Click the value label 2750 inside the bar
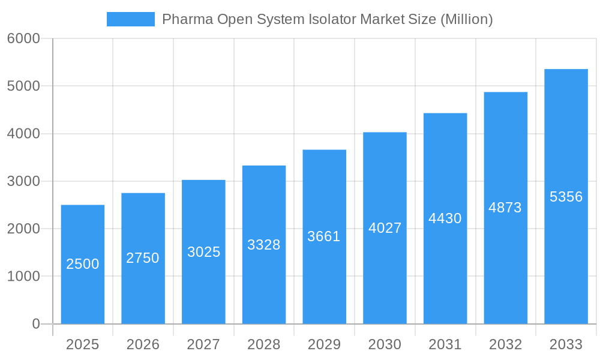tap(143, 258)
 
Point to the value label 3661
tap(324, 236)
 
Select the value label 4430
tap(445, 218)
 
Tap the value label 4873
tap(505, 208)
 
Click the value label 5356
tap(566, 197)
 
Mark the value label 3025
tap(203, 252)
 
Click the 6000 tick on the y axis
tap(23, 38)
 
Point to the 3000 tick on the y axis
tap(23, 181)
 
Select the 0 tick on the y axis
tap(35, 324)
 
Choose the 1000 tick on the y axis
tap(23, 277)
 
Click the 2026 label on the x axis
tap(143, 344)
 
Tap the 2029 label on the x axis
tap(324, 344)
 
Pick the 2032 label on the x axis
tap(505, 344)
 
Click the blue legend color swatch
tap(131, 19)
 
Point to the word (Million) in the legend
tap(467, 19)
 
